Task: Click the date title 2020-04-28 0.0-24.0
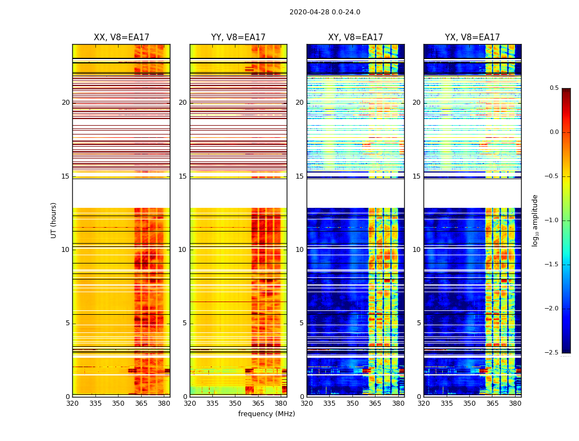[325, 12]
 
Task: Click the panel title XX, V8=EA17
[121, 37]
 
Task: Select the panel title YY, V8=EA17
[238, 37]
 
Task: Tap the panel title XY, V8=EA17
[356, 37]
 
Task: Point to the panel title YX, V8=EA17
[473, 37]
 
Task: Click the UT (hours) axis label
[53, 220]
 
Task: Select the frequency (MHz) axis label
[266, 414]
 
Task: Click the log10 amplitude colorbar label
[535, 220]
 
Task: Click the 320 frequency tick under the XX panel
[72, 404]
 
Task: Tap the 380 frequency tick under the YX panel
[515, 404]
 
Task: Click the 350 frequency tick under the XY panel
[352, 404]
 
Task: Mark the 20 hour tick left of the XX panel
[66, 103]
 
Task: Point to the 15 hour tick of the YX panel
[417, 176]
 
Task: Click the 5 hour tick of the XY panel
[302, 323]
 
